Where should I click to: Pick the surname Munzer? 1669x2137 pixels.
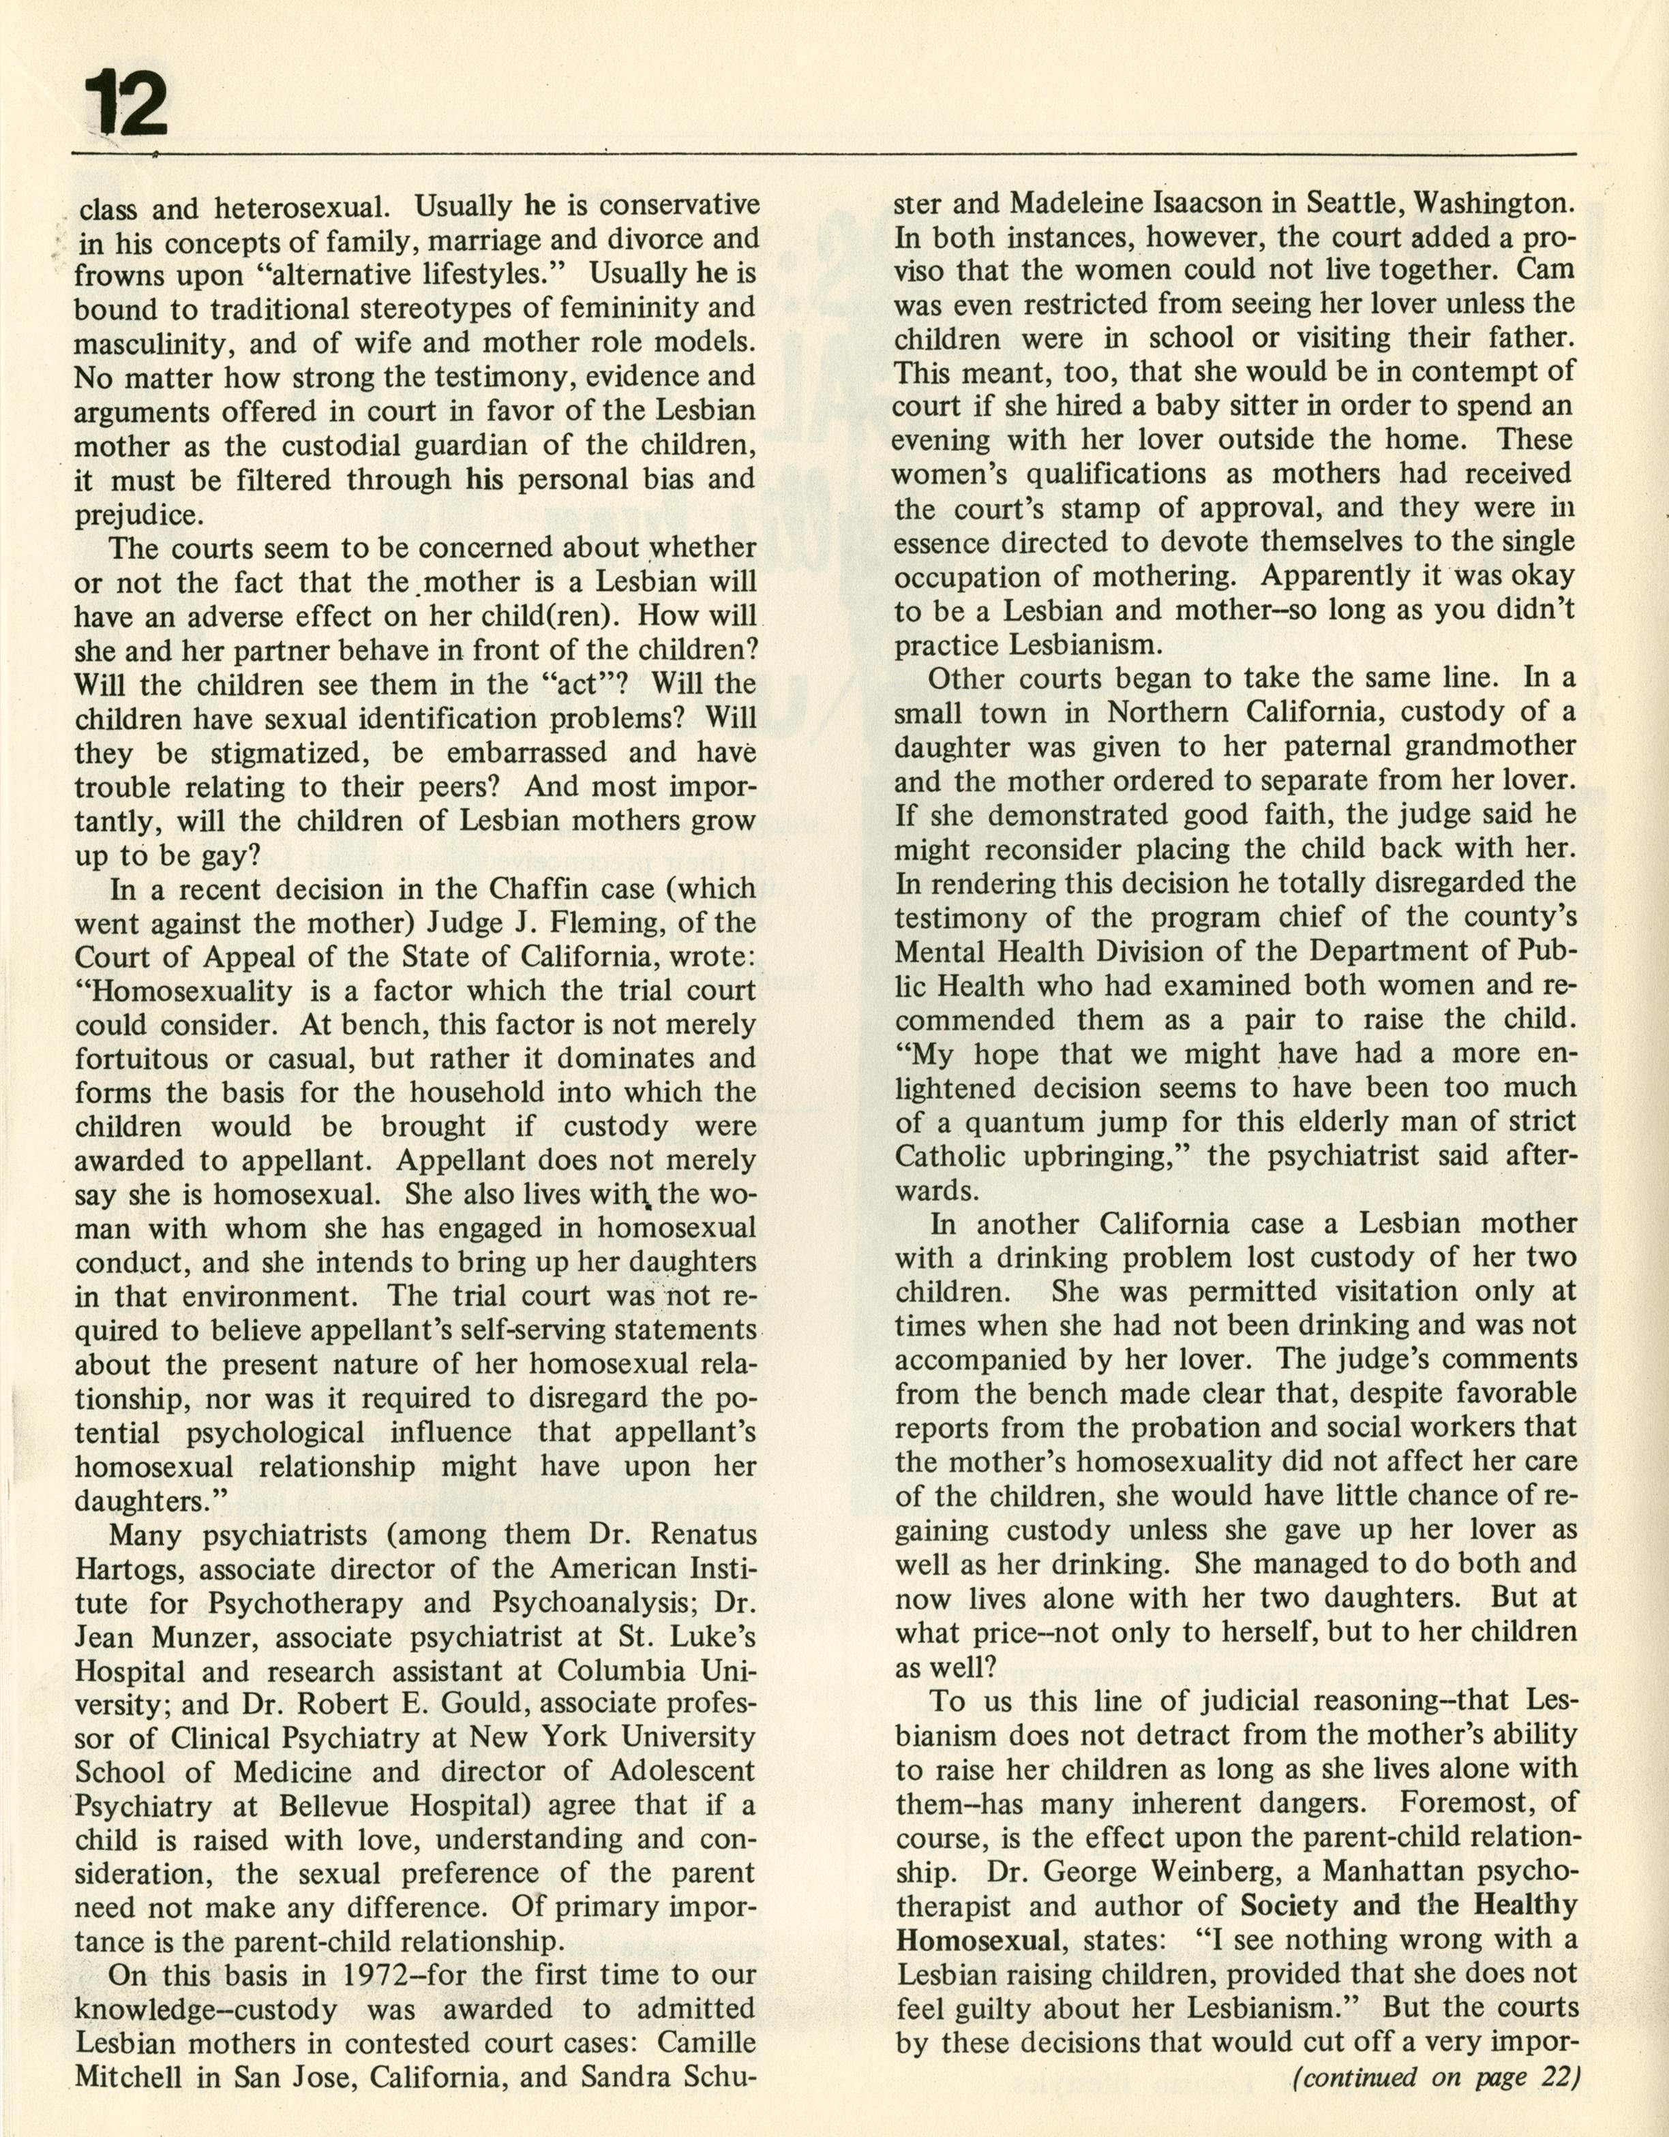click(206, 1637)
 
